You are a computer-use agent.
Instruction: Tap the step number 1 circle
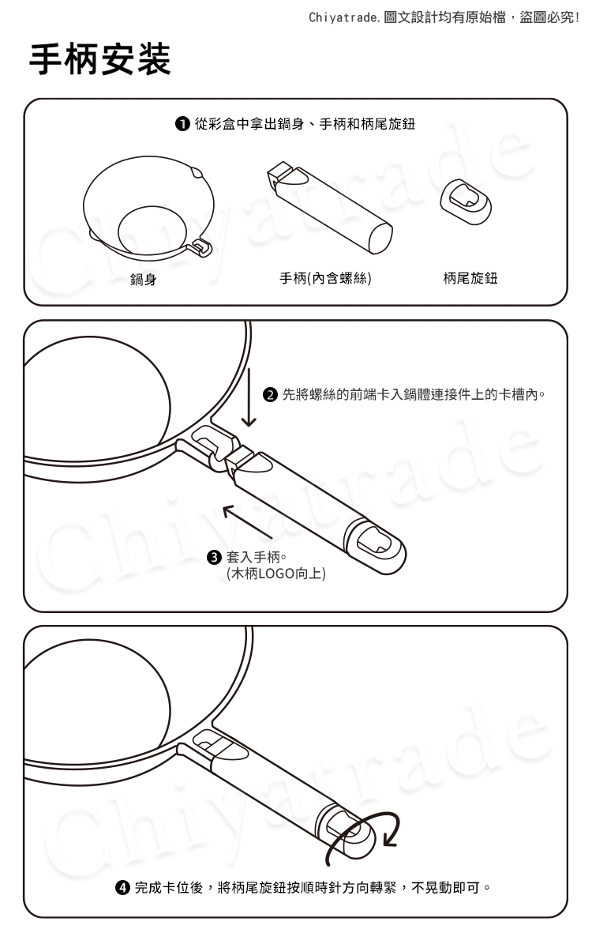click(x=182, y=124)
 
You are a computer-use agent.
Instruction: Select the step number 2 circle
click(x=270, y=395)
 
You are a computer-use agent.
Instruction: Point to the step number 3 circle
click(x=215, y=557)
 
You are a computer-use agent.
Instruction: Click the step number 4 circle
click(x=122, y=887)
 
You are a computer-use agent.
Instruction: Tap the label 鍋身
click(x=144, y=280)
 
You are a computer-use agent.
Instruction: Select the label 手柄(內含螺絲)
click(x=325, y=278)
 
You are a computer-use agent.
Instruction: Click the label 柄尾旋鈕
click(x=470, y=278)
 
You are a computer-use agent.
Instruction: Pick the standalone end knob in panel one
click(x=466, y=201)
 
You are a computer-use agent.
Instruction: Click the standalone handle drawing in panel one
click(x=330, y=207)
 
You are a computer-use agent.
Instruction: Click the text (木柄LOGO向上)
click(x=276, y=574)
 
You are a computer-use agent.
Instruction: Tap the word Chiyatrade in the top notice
click(x=344, y=17)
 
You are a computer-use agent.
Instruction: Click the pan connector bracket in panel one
click(x=202, y=247)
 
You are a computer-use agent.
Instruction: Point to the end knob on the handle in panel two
click(x=377, y=547)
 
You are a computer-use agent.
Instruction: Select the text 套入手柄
click(x=253, y=557)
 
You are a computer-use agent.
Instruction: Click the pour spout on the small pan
click(x=197, y=173)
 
